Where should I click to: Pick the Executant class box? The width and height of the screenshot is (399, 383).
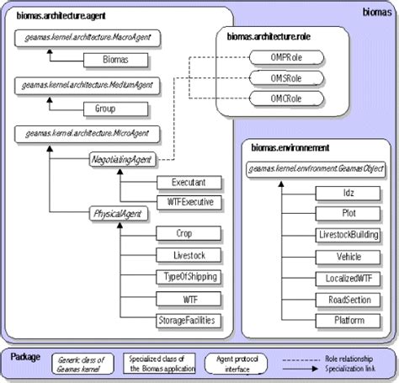pyautogui.click(x=189, y=182)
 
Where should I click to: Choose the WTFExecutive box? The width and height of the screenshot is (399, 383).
pyautogui.click(x=189, y=202)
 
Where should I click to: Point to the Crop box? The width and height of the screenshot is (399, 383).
pyautogui.click(x=189, y=233)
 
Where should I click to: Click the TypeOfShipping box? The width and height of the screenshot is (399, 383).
pyautogui.click(x=189, y=277)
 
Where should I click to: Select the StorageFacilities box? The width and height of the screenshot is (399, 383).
pyautogui.click(x=189, y=321)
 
